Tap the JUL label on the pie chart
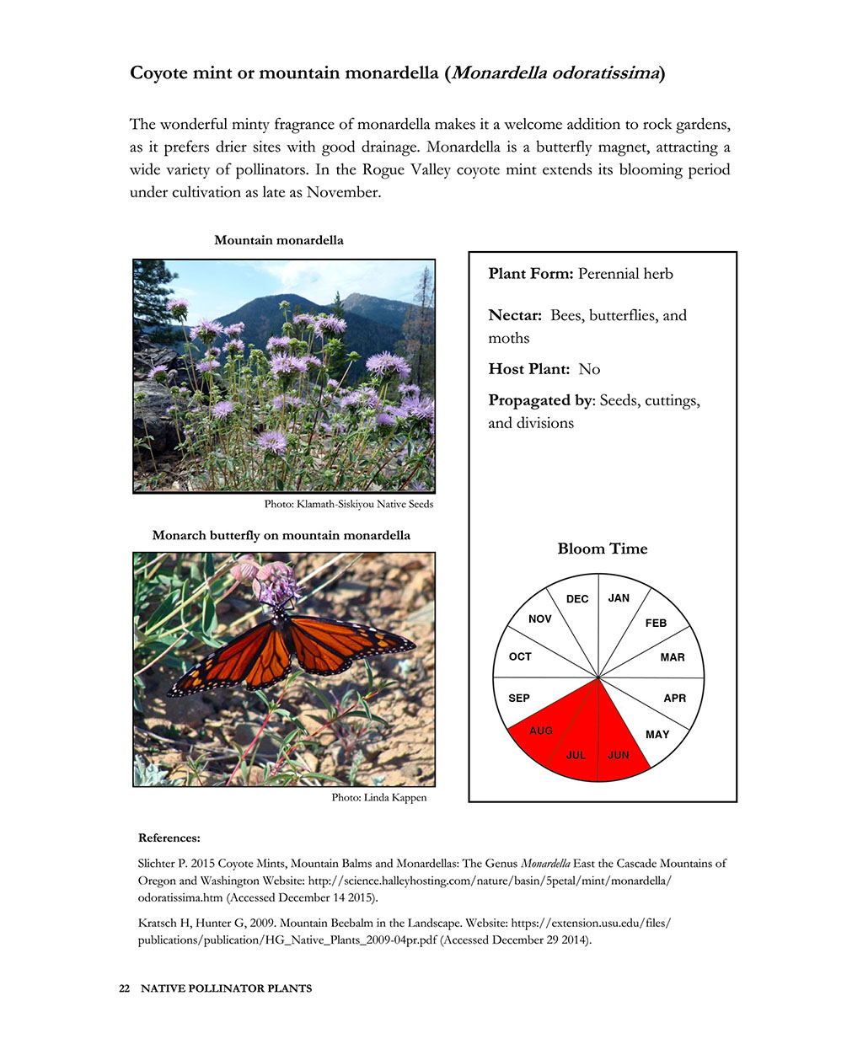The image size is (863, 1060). pos(576,755)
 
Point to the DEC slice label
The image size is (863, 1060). pos(577,599)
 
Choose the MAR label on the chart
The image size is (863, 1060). pos(673,657)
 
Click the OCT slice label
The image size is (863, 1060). pos(520,656)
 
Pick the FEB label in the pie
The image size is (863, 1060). pos(656,623)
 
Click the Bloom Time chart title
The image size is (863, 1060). pos(602,549)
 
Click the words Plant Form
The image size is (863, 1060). pos(531,274)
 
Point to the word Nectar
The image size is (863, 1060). pos(514,315)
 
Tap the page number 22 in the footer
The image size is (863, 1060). pos(124,988)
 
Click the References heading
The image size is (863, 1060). pos(169,838)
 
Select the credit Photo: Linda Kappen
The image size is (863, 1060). pos(379,797)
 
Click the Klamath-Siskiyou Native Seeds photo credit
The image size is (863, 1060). pos(349,504)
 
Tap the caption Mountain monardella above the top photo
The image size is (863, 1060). pos(279,240)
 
